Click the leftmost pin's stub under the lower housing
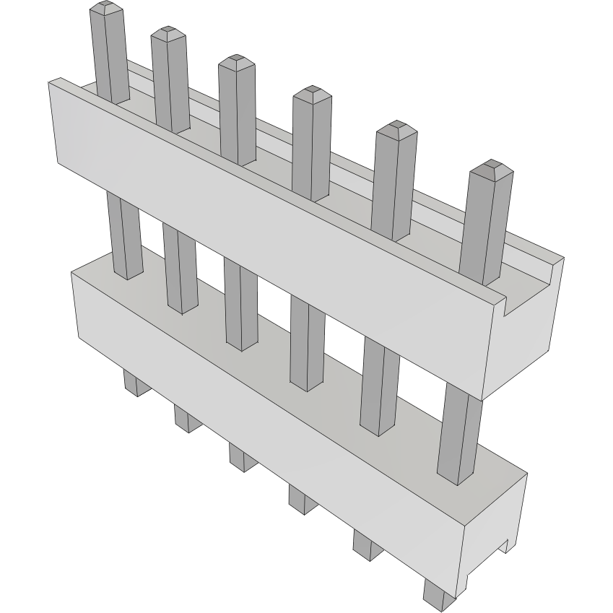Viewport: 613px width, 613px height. pyautogui.click(x=132, y=382)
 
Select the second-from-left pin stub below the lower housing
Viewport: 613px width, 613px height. pyautogui.click(x=186, y=418)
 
